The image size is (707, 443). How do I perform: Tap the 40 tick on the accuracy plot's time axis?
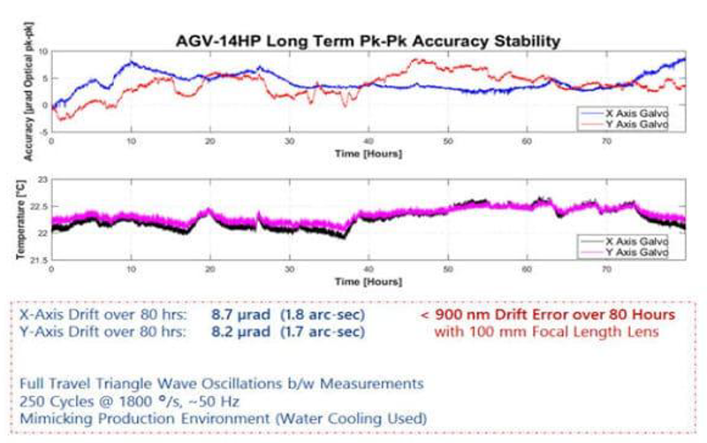pyautogui.click(x=369, y=141)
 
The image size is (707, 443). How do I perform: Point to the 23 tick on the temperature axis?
pyautogui.click(x=43, y=179)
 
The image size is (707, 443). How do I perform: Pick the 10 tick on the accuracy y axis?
pyautogui.click(x=44, y=53)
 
